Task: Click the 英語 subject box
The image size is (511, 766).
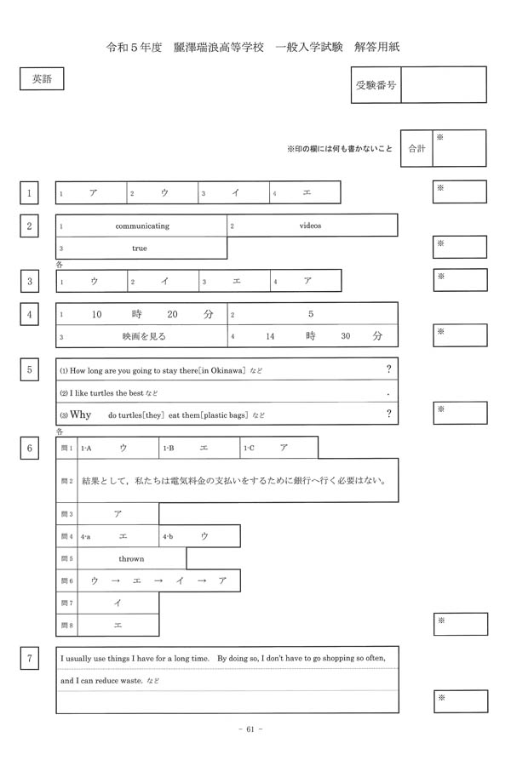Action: point(41,79)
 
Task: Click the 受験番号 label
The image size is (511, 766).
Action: point(376,85)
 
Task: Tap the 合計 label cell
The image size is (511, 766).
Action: point(416,148)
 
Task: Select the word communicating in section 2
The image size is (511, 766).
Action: point(142,226)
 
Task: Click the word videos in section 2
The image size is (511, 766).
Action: point(310,226)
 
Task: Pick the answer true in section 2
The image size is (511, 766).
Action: point(139,248)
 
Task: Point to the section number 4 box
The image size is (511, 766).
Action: point(30,314)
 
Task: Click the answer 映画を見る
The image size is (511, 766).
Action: point(144,336)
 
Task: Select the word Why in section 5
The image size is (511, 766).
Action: point(80,414)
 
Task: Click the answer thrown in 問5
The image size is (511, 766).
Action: point(131,558)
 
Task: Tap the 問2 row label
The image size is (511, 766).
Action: point(67,481)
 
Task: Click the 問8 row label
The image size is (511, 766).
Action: point(67,625)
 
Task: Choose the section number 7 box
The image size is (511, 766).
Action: point(30,657)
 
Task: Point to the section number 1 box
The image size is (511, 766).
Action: point(30,193)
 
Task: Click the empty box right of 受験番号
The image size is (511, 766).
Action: point(443,85)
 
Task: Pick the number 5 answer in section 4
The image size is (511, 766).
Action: point(311,314)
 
